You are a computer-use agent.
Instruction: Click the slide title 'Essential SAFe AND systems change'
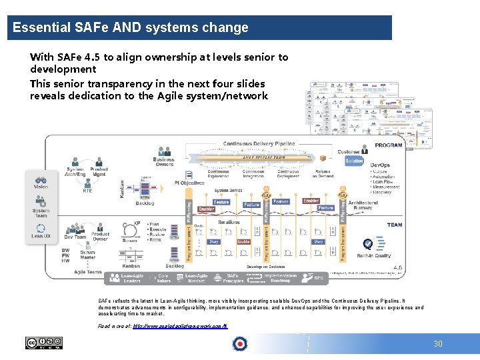click(x=131, y=28)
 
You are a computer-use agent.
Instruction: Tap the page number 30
click(x=437, y=344)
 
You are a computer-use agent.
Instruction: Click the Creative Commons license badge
click(x=43, y=343)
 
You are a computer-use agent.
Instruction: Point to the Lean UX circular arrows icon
click(x=41, y=230)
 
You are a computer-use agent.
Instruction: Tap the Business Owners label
click(x=163, y=162)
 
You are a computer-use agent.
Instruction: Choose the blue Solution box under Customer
click(x=354, y=161)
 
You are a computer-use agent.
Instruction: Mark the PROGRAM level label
click(x=388, y=145)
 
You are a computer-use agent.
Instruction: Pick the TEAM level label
click(x=394, y=225)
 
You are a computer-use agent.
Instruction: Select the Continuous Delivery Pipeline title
click(x=259, y=143)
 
